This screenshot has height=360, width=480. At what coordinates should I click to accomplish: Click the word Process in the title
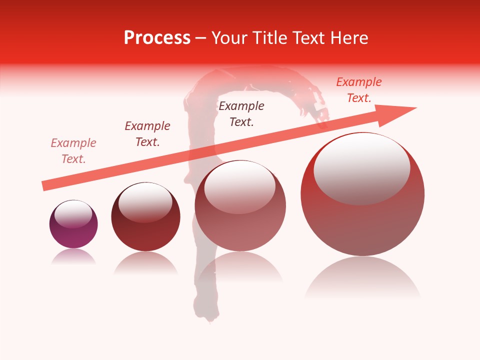coord(157,38)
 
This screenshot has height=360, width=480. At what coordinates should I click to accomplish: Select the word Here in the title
coord(348,38)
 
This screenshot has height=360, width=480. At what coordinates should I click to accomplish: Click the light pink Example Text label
coord(73,151)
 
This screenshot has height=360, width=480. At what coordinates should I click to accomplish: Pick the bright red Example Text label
coord(359,90)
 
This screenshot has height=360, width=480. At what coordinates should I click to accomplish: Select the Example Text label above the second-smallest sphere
coord(147,134)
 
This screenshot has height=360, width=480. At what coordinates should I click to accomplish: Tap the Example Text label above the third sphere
coord(241,113)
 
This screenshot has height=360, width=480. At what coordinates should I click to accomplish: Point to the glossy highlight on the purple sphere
coord(73,214)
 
